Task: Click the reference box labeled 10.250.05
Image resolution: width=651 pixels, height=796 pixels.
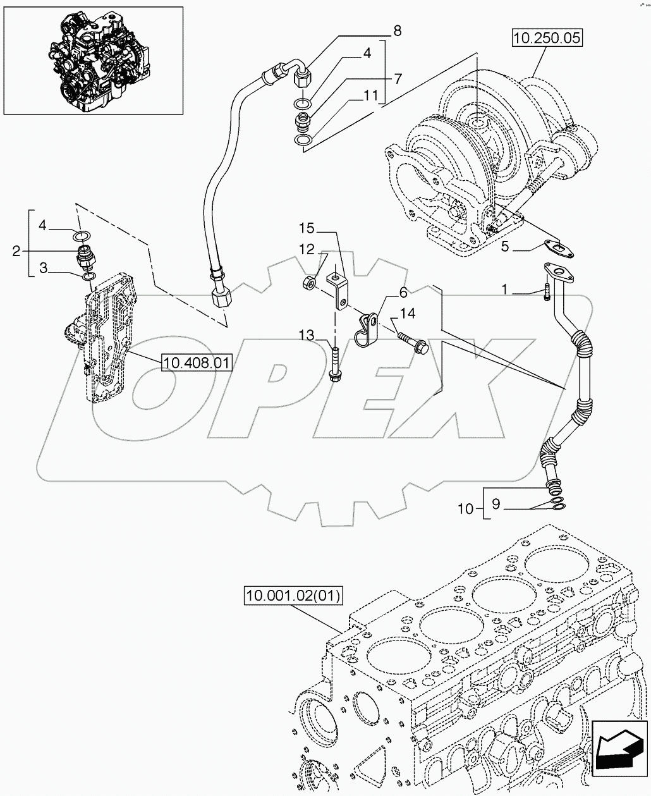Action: coord(546,39)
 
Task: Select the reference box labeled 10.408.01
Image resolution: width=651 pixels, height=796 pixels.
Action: coord(197,362)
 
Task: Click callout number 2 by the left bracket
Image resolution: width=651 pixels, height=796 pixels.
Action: coord(16,252)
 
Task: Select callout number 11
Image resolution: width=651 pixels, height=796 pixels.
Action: coord(368,95)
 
